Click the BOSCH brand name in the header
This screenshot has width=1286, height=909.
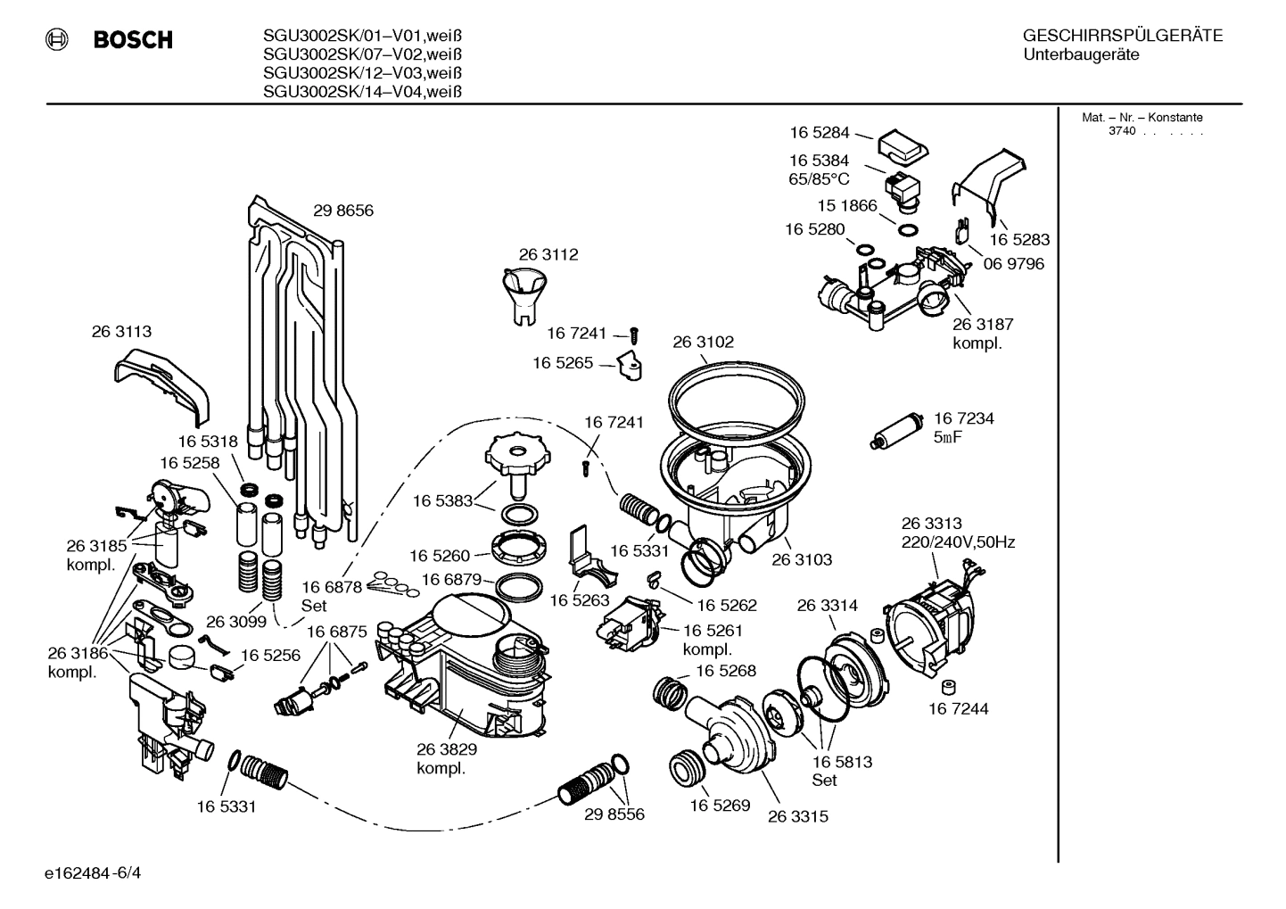click(x=132, y=40)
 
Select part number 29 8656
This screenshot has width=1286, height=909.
click(x=342, y=211)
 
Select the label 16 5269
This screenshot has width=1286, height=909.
click(x=720, y=806)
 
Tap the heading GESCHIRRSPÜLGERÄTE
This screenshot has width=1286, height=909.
click(x=1122, y=37)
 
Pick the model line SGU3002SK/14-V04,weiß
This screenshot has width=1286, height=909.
click(x=361, y=92)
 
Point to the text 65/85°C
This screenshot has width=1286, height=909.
click(x=819, y=178)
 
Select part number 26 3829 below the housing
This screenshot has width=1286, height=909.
click(x=447, y=750)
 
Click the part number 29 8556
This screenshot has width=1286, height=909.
click(x=614, y=814)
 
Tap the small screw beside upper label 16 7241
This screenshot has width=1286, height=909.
click(x=635, y=334)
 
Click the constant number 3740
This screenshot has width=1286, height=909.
click(x=1122, y=131)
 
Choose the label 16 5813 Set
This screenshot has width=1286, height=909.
click(x=841, y=771)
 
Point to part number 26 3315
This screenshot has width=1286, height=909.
click(x=797, y=816)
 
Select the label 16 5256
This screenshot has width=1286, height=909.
click(x=271, y=656)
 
